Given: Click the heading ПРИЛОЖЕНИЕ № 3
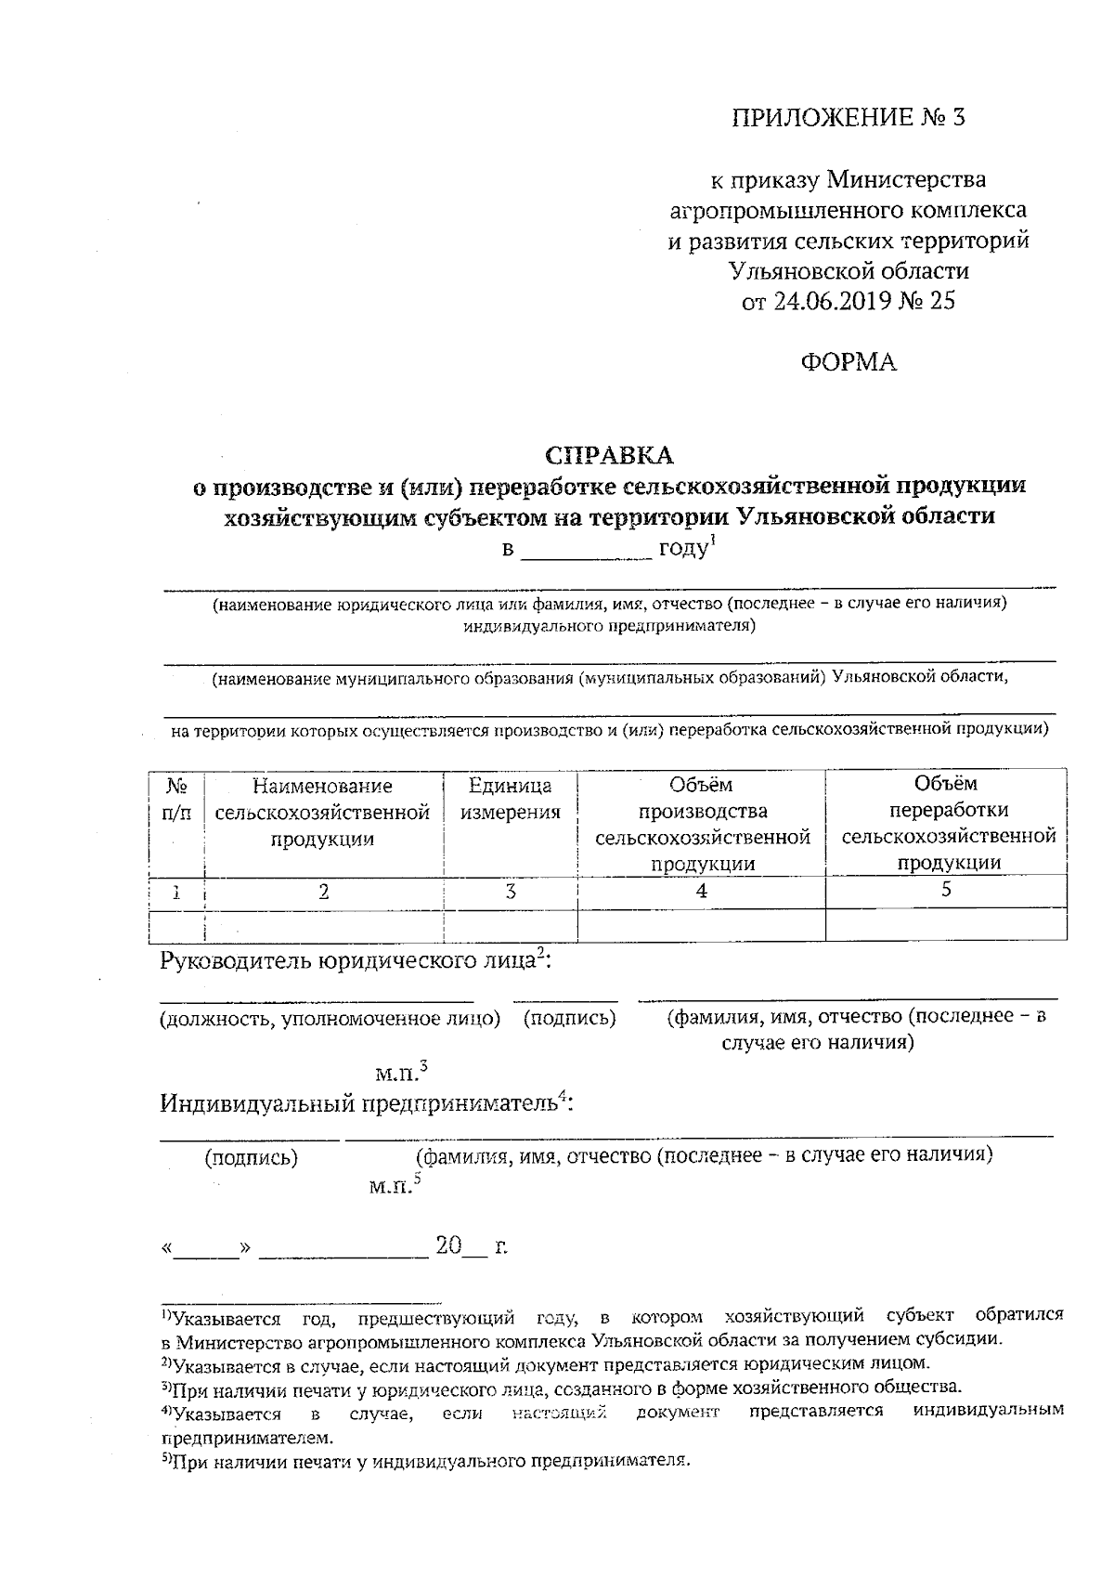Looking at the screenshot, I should click(x=848, y=118).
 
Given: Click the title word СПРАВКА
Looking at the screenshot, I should click(x=609, y=455).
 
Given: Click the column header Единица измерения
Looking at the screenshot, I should click(x=510, y=799).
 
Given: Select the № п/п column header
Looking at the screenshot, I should click(x=176, y=799).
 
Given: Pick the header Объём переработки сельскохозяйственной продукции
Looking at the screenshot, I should click(x=947, y=823).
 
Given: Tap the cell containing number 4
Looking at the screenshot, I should click(x=701, y=891).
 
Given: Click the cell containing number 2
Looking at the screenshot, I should click(x=323, y=892).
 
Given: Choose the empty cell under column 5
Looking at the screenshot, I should click(x=947, y=925).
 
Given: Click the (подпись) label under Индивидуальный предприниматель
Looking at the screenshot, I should click(x=251, y=1158).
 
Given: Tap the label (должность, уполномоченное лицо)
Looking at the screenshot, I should click(x=330, y=1019).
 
